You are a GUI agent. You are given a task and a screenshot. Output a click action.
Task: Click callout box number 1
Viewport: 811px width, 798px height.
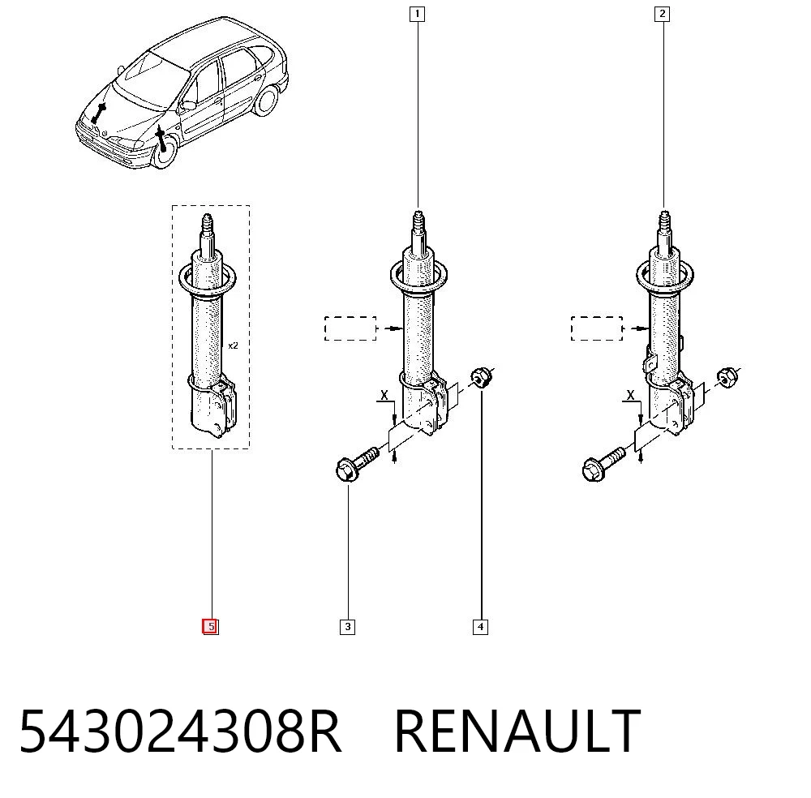(417, 14)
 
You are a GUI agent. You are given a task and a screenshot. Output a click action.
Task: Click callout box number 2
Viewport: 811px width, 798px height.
(662, 14)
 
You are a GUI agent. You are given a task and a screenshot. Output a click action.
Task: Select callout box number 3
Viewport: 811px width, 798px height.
(348, 627)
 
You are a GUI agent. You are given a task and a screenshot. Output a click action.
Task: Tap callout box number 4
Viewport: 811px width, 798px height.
(480, 627)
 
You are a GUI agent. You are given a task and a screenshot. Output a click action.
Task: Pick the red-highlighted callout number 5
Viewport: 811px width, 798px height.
(210, 627)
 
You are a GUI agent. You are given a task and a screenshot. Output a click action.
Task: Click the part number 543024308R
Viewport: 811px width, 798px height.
(180, 731)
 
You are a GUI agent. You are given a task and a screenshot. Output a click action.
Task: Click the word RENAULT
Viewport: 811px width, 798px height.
(517, 731)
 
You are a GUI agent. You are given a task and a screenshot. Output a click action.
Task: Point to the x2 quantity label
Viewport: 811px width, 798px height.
(234, 345)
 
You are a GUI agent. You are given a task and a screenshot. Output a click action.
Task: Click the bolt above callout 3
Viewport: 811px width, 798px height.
(357, 464)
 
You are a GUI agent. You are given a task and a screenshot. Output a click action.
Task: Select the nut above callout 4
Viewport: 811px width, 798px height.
(482, 377)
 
